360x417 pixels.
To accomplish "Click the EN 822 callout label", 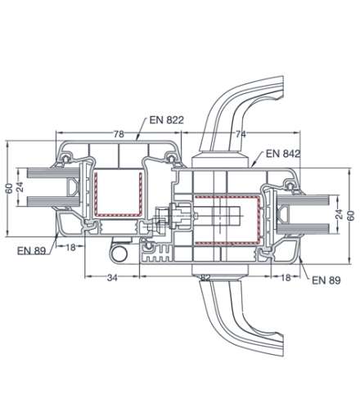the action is [x=167, y=120].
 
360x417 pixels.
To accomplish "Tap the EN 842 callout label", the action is [x=283, y=154].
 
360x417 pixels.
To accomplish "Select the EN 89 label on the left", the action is [x=31, y=250].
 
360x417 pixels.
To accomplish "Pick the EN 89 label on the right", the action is [x=326, y=280].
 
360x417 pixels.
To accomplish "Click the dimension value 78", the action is [x=119, y=134].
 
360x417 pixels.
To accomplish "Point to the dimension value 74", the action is [x=241, y=134].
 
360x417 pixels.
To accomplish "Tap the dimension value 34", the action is [x=112, y=278].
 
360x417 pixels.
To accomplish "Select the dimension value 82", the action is [x=205, y=277].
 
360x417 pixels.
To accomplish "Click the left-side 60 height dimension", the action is [x=9, y=188].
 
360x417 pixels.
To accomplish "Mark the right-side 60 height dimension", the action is [x=352, y=216].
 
